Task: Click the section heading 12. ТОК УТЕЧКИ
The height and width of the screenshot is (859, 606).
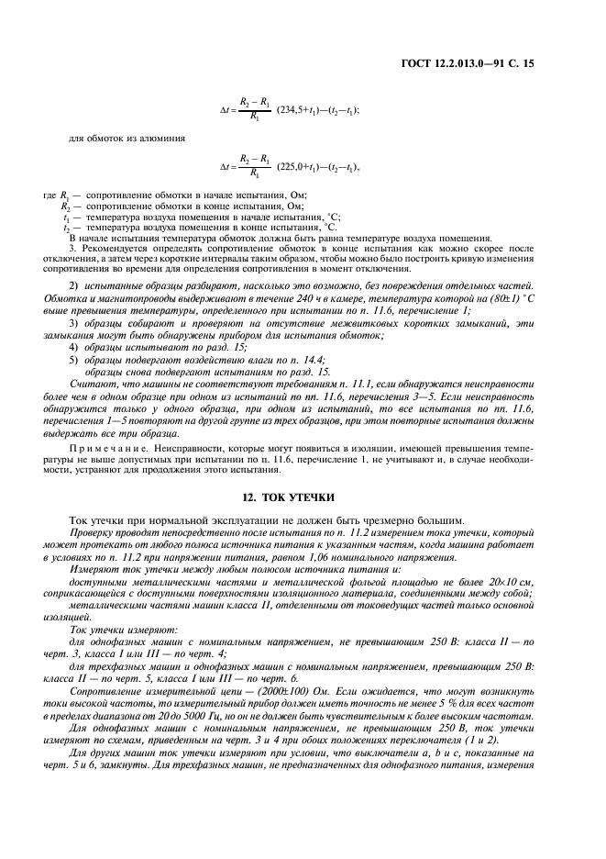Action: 302,496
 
